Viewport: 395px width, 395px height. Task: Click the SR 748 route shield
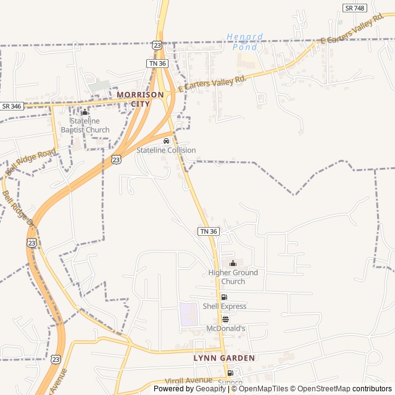coord(354,8)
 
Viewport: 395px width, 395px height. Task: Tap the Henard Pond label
coord(245,41)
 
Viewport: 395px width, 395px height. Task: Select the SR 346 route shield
coord(11,106)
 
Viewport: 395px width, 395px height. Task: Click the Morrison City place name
coord(140,99)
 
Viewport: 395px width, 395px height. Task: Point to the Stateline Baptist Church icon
coord(85,112)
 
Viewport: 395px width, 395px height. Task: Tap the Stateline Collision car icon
coord(166,141)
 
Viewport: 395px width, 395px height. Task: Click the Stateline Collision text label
coord(166,151)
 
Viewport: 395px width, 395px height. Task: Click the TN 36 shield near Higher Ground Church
coord(208,231)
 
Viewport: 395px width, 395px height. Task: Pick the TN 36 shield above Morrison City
coord(157,64)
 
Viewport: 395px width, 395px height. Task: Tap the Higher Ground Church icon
coord(233,264)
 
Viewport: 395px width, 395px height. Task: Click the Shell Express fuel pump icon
coord(224,297)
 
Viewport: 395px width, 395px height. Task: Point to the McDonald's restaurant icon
coord(225,320)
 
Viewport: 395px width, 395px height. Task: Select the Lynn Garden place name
coord(224,358)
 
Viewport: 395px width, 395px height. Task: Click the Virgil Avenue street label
coord(189,381)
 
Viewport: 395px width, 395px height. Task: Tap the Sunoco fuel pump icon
coord(230,373)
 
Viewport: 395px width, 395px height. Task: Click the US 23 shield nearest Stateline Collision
coord(116,159)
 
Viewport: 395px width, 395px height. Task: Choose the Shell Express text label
coord(225,307)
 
